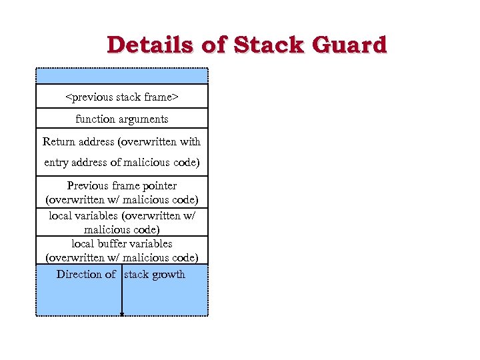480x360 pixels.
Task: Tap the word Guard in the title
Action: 351,45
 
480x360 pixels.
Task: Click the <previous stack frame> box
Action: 122,97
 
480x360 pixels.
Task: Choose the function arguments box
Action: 122,119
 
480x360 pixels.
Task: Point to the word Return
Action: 59,141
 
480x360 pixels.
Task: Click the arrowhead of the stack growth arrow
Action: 122,313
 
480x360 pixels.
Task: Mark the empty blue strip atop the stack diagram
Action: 122,76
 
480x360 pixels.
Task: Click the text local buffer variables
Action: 122,243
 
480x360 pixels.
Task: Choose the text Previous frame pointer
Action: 122,185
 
